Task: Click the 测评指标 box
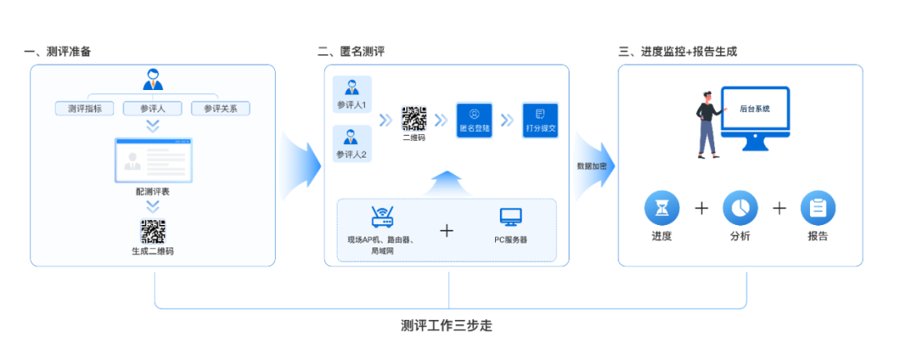click(x=84, y=108)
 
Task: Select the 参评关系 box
click(x=220, y=108)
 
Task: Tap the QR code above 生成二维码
click(x=152, y=231)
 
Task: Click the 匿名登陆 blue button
click(x=474, y=120)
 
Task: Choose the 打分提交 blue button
click(x=539, y=120)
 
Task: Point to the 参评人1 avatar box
click(x=352, y=93)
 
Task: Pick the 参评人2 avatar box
click(x=352, y=142)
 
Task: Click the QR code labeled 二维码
click(x=414, y=118)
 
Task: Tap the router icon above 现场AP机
click(x=382, y=218)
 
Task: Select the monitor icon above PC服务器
click(x=511, y=218)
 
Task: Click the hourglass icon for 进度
click(x=662, y=207)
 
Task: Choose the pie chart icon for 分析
click(x=740, y=207)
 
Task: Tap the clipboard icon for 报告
click(x=817, y=207)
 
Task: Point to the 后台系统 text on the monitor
click(x=754, y=109)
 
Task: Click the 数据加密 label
click(x=592, y=166)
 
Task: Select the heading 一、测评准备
click(x=57, y=52)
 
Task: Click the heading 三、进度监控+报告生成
click(x=677, y=52)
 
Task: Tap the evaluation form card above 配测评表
click(x=153, y=161)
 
